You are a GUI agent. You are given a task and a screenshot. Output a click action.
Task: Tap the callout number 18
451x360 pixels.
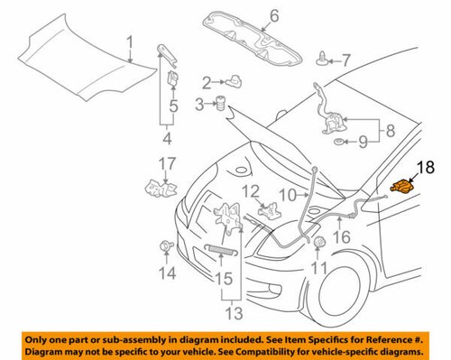pyautogui.click(x=424, y=167)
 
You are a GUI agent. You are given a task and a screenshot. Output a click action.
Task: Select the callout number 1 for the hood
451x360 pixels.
pyautogui.click(x=129, y=41)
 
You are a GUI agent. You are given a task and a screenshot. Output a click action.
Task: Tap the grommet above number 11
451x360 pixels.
pyautogui.click(x=317, y=242)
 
